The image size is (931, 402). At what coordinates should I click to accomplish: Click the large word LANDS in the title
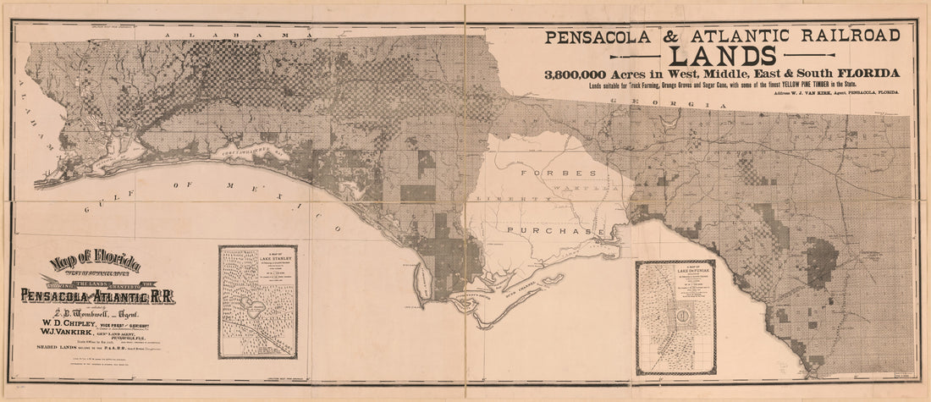[722, 55]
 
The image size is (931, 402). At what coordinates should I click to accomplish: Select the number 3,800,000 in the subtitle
[592, 74]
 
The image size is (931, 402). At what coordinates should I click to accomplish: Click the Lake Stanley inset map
[257, 301]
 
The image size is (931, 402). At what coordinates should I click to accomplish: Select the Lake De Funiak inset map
[675, 317]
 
